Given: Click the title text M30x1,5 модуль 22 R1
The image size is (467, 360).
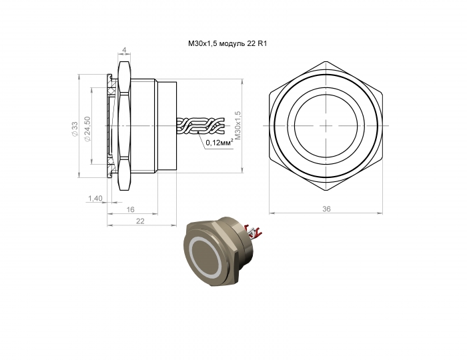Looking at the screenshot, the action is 227,44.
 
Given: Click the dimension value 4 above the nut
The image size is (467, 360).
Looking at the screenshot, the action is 125,50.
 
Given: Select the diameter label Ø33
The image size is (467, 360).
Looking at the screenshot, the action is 75,129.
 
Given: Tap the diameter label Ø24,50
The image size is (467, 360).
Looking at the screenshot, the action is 87,129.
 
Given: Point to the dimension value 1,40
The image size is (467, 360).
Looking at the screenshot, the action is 95,198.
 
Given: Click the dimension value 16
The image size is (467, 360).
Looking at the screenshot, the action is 131,209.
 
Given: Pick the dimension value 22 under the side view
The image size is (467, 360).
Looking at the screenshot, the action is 140,221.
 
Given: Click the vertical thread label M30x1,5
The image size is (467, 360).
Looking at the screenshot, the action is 238,125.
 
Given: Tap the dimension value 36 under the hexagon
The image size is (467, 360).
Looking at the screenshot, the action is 326,209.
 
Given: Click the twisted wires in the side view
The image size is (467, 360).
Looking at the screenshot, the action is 200,125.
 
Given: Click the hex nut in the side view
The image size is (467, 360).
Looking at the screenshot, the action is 125,125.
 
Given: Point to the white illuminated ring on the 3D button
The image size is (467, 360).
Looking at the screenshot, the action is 205,255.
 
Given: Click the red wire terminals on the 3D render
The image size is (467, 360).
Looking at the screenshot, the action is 253,231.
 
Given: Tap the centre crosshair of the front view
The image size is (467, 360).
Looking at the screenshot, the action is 326,125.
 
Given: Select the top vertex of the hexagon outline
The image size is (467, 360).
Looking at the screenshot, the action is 326,61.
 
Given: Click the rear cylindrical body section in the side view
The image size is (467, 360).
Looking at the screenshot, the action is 167,125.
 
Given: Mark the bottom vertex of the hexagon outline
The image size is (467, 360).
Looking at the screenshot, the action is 326,190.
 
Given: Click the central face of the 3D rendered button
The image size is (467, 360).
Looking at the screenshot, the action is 205,255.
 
